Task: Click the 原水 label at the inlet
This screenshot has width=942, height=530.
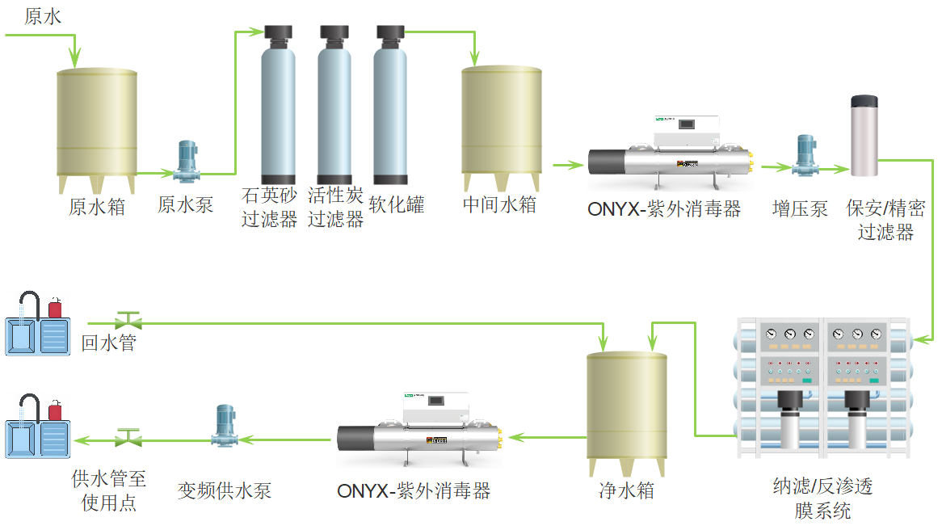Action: tap(43, 17)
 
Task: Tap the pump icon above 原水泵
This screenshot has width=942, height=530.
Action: tap(187, 162)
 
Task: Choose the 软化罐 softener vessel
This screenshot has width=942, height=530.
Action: tap(390, 105)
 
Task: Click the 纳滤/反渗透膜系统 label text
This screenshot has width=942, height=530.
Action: tap(822, 498)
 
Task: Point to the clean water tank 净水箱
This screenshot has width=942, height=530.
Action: tap(626, 412)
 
